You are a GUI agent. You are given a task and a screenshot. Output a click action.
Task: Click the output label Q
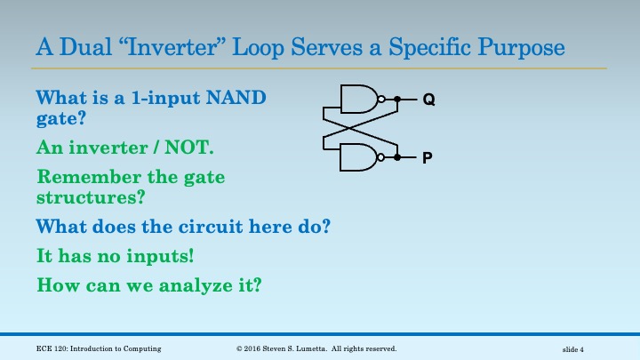428,100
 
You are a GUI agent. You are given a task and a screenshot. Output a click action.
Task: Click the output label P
428,158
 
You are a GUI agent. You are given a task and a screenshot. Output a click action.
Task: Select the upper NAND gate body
358,100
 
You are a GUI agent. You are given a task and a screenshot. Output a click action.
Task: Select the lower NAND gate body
358,157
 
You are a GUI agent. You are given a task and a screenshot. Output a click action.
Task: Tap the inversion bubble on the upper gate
381,100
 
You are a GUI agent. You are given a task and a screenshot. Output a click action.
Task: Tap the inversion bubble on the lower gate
381,157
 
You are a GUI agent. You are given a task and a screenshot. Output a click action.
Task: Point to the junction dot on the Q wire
397,100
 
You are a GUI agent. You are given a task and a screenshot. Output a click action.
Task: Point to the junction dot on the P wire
397,157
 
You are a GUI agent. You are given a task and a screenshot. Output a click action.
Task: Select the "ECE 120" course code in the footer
52,349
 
